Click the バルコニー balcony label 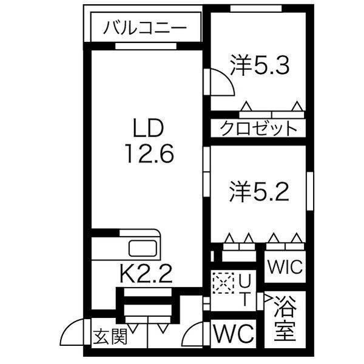tap(144, 27)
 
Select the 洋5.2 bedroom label tap(260, 192)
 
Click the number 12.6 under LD tap(149, 153)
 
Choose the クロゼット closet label tap(258, 129)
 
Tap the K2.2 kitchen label tap(146, 276)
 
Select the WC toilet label tap(234, 334)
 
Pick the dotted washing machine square tap(222, 282)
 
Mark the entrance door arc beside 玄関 tap(73, 332)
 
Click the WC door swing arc tap(197, 334)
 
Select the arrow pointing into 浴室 tap(268, 298)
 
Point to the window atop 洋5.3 tap(255, 8)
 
